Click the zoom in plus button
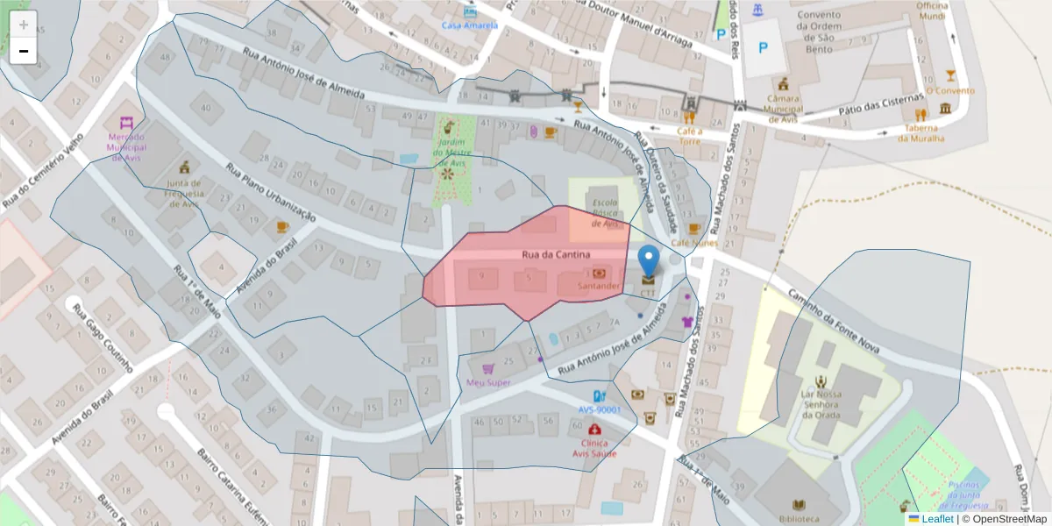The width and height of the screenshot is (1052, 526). coord(24,25)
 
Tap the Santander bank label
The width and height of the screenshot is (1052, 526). coord(600,286)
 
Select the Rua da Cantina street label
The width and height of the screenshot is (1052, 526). coord(550,255)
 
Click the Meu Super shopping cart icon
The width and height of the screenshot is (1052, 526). coord(488,369)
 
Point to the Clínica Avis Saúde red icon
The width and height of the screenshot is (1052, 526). coord(596,430)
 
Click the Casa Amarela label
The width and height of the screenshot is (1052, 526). coord(469,25)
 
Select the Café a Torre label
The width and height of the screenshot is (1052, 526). coord(689,135)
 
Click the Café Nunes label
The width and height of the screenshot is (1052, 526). coord(694,243)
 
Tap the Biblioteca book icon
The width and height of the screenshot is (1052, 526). coord(799,505)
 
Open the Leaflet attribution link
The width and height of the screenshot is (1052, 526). coord(936,519)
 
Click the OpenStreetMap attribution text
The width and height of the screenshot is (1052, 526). coord(1007,519)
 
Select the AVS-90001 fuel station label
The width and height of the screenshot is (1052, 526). coord(600,409)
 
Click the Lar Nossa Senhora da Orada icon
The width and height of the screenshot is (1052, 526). coord(820,381)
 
